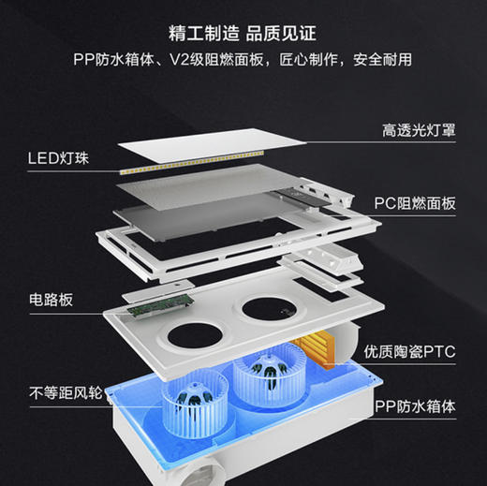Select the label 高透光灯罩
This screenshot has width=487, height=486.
(x=419, y=130)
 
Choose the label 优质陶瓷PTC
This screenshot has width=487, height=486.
(x=412, y=352)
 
